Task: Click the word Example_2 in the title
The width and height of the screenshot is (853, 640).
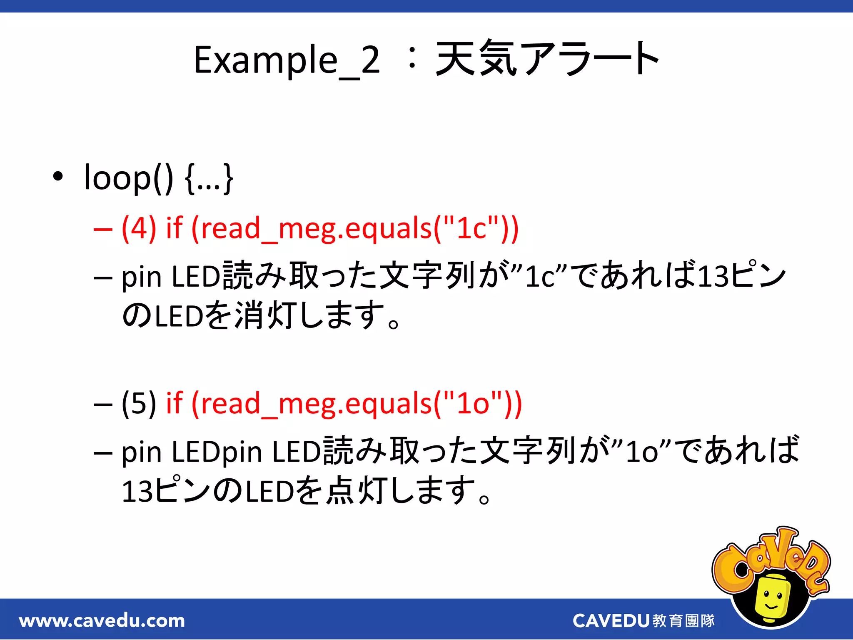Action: (287, 60)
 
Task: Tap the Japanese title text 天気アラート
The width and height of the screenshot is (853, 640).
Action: (546, 59)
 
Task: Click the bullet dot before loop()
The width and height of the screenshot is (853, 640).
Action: (58, 177)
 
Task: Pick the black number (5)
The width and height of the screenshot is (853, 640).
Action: (139, 403)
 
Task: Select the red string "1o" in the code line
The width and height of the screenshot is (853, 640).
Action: (473, 403)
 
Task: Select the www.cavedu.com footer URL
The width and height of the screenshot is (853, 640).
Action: (102, 621)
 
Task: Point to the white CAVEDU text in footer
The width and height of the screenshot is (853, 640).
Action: (611, 621)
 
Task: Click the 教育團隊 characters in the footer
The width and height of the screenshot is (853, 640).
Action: (684, 621)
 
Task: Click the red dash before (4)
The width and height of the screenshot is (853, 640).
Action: (103, 229)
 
